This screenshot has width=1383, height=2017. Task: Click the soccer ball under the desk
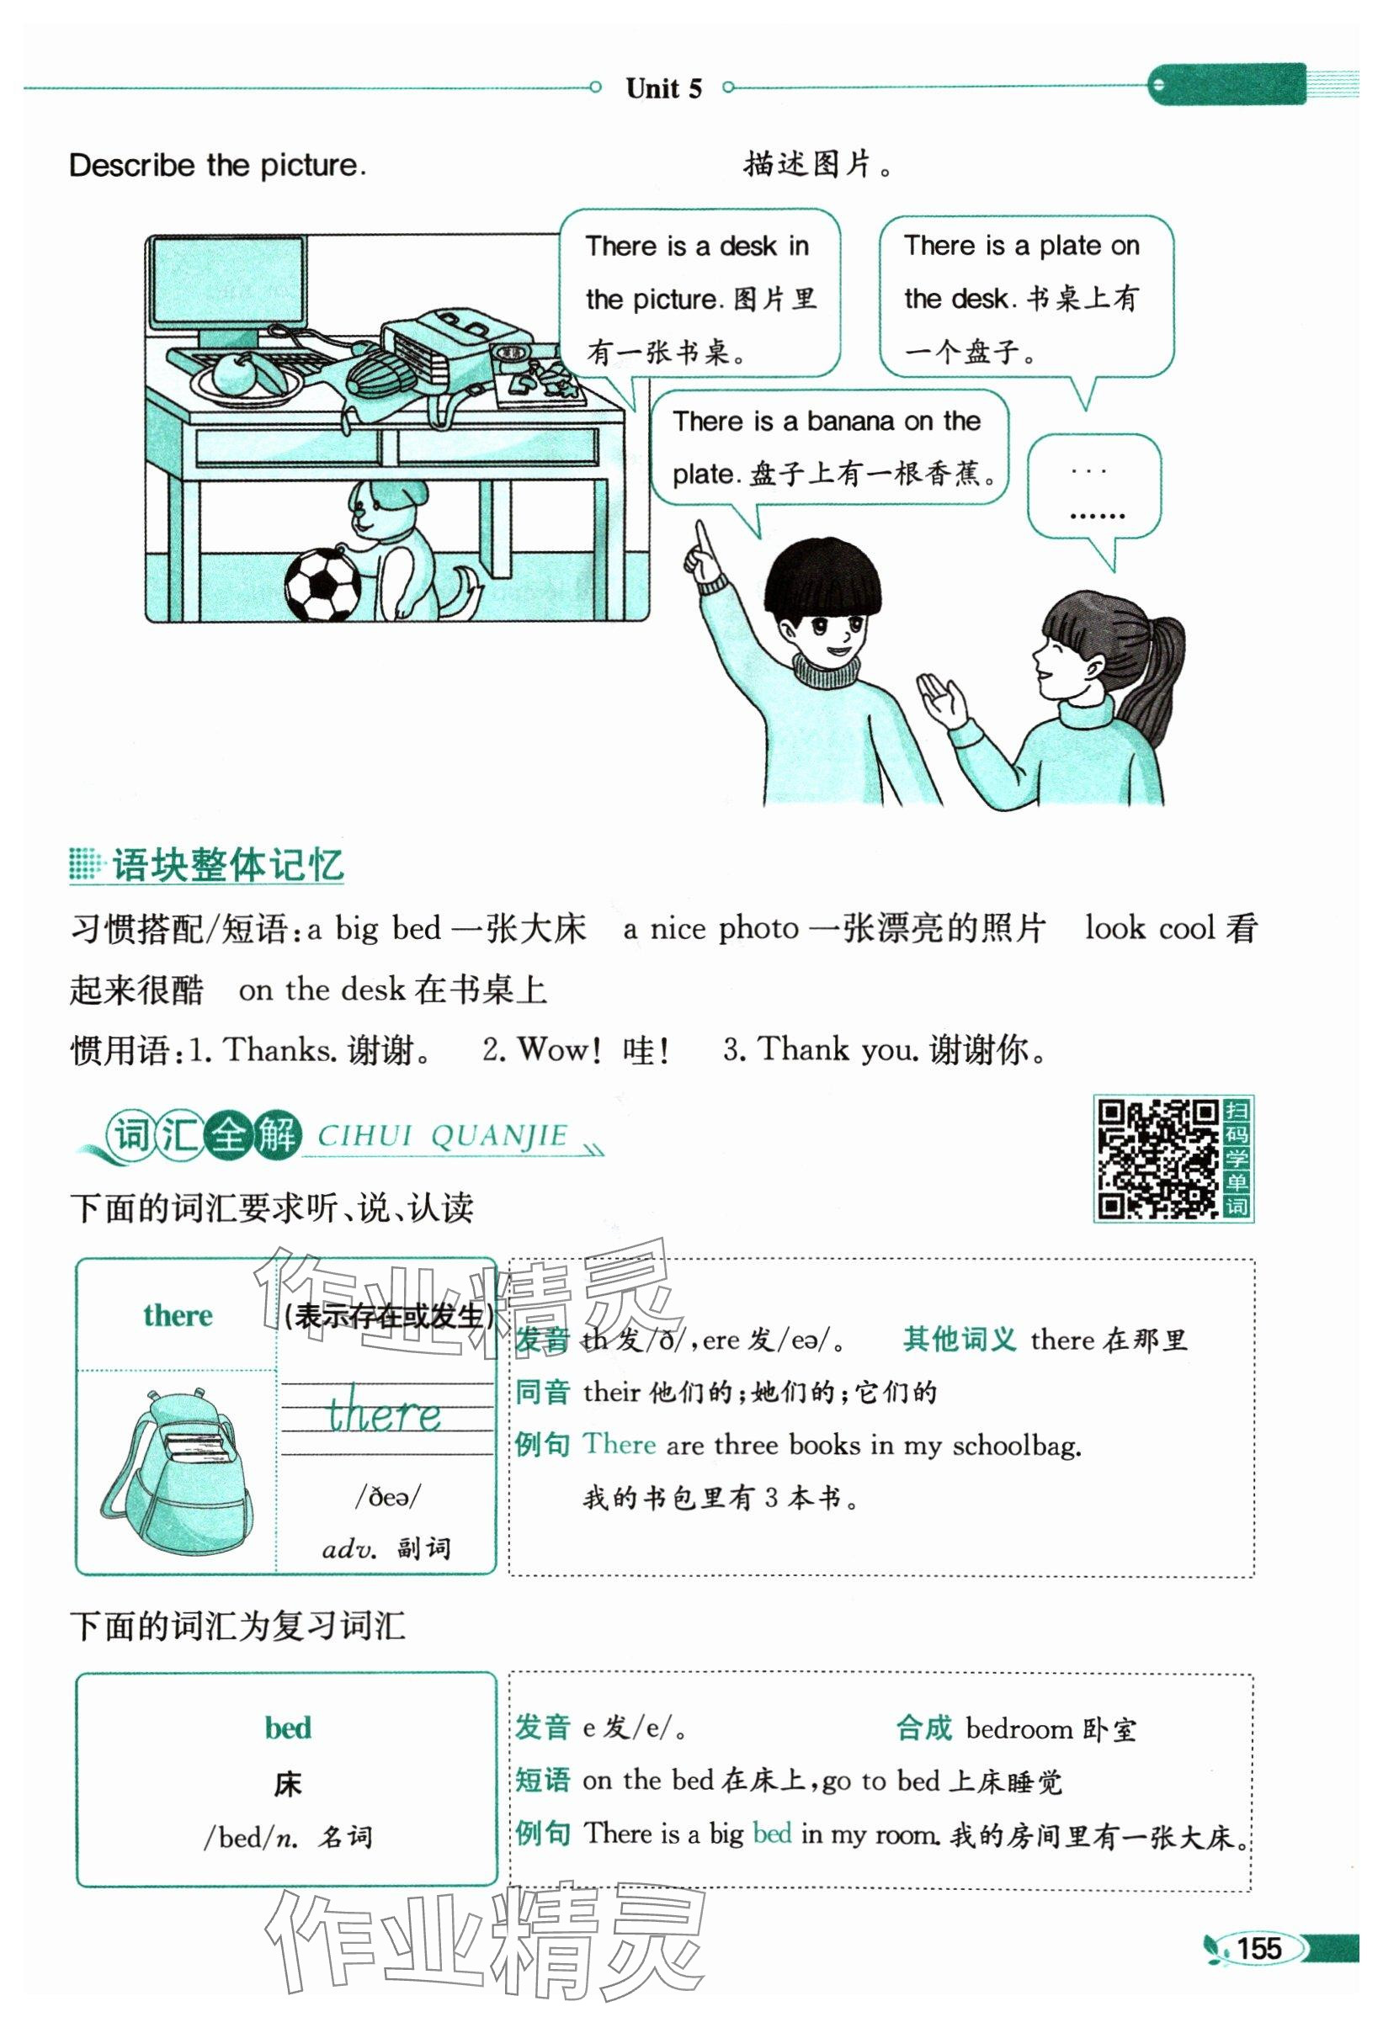point(322,585)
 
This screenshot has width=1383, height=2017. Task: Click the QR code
point(1158,1159)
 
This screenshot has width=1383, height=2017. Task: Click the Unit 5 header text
point(664,88)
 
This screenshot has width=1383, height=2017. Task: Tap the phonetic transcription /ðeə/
point(387,1497)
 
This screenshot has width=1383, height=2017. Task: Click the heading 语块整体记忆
point(227,865)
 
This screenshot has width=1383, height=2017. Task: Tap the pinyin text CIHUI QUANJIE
point(442,1135)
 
